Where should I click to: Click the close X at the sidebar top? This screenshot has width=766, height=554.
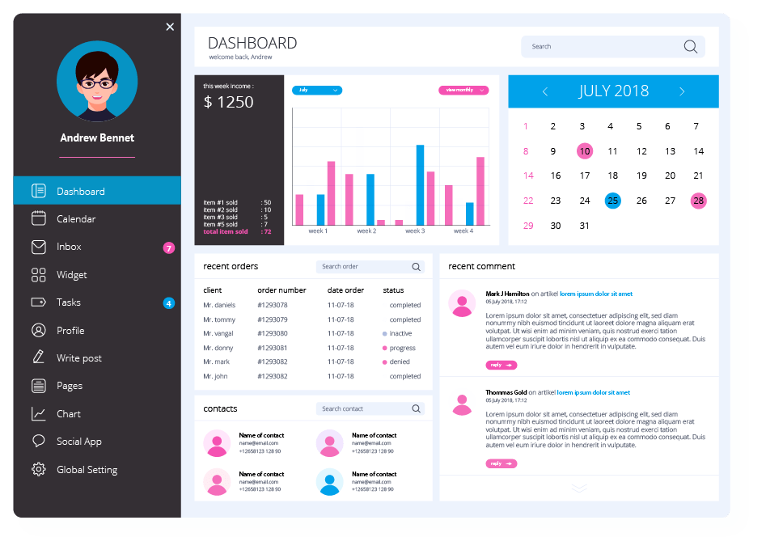(170, 27)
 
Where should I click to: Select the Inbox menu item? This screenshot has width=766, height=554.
(69, 247)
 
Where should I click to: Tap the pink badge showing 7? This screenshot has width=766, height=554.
(169, 247)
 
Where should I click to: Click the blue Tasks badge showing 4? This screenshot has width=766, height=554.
(169, 303)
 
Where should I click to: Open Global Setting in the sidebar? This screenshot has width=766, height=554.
(87, 469)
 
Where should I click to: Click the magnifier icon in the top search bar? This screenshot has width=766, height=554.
(690, 47)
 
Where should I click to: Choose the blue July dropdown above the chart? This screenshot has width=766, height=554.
(316, 91)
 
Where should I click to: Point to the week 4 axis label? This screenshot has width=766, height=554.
(463, 231)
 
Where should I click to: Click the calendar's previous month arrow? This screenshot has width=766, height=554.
(545, 91)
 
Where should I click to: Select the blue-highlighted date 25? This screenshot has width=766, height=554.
(612, 201)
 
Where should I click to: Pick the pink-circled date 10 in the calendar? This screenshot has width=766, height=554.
(584, 151)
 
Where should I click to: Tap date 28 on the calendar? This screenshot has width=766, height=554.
(698, 201)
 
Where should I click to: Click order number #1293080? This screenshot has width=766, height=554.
(273, 333)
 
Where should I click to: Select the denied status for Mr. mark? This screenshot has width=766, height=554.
(400, 362)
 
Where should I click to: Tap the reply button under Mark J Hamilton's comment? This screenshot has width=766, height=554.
(501, 365)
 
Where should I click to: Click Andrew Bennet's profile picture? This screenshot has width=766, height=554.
(97, 81)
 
